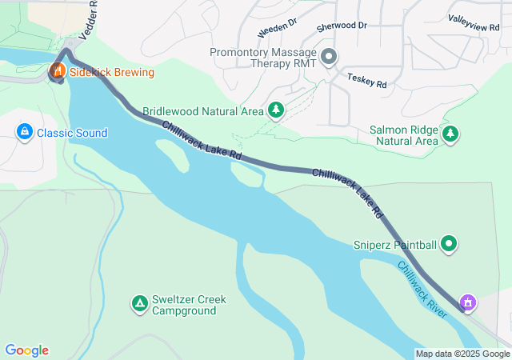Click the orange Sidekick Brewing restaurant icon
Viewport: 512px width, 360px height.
pyautogui.click(x=58, y=71)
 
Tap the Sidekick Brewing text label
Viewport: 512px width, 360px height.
pyautogui.click(x=112, y=72)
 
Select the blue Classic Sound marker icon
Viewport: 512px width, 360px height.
pyautogui.click(x=24, y=131)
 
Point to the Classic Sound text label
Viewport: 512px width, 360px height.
pyautogui.click(x=72, y=133)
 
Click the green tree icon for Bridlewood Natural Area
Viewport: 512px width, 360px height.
pyautogui.click(x=276, y=110)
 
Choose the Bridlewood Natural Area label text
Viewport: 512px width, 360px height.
pyautogui.click(x=204, y=111)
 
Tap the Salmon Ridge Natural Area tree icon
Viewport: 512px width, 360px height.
pyautogui.click(x=451, y=134)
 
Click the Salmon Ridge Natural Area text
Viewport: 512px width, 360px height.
pyautogui.click(x=404, y=134)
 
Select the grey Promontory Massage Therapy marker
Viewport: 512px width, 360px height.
pyautogui.click(x=329, y=55)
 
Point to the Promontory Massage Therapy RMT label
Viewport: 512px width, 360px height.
pyautogui.click(x=264, y=57)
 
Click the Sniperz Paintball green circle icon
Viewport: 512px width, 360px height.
pyautogui.click(x=449, y=244)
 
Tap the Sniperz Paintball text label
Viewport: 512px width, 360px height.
pyautogui.click(x=395, y=245)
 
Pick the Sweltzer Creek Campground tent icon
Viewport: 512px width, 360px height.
pyautogui.click(x=139, y=303)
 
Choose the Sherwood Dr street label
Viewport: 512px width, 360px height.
pyautogui.click(x=342, y=26)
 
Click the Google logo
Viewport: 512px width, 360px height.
pyautogui.click(x=26, y=350)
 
